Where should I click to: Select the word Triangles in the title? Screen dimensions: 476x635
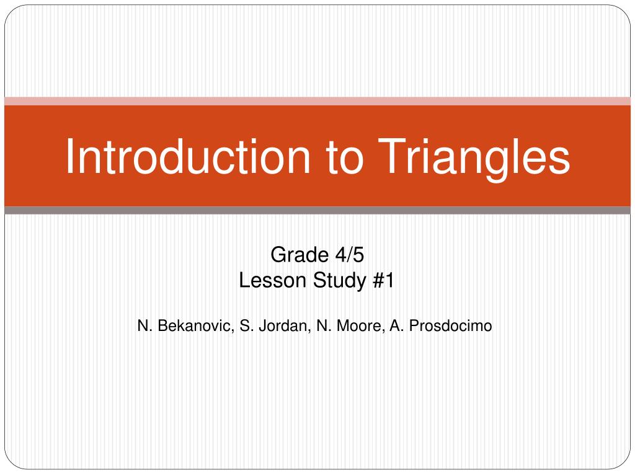474,156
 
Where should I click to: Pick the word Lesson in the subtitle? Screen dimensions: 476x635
273,281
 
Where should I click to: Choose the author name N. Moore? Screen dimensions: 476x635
350,325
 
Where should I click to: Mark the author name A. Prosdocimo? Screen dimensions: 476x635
441,325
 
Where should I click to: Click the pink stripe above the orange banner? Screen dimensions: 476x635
317,101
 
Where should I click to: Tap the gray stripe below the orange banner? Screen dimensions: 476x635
317,211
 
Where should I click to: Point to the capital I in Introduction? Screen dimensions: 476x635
70,156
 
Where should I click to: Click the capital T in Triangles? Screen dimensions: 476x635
393,156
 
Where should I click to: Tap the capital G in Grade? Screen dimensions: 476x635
278,255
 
